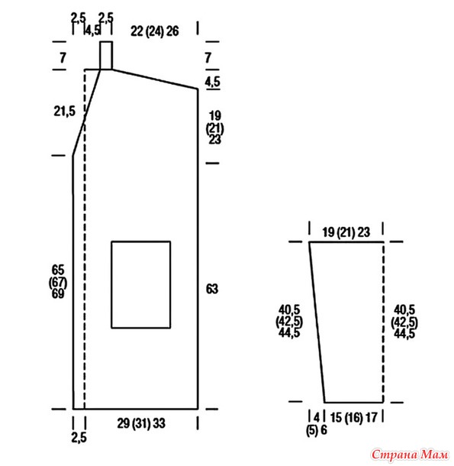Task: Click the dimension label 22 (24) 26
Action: click(155, 31)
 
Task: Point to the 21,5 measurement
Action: click(64, 112)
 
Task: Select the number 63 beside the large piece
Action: click(212, 289)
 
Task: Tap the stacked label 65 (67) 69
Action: click(58, 282)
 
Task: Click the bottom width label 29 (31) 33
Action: click(141, 423)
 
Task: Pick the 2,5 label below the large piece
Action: click(79, 438)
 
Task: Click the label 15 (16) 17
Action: click(353, 418)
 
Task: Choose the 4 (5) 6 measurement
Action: click(317, 424)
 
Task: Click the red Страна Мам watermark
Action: click(410, 455)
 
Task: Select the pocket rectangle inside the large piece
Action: click(111, 285)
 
